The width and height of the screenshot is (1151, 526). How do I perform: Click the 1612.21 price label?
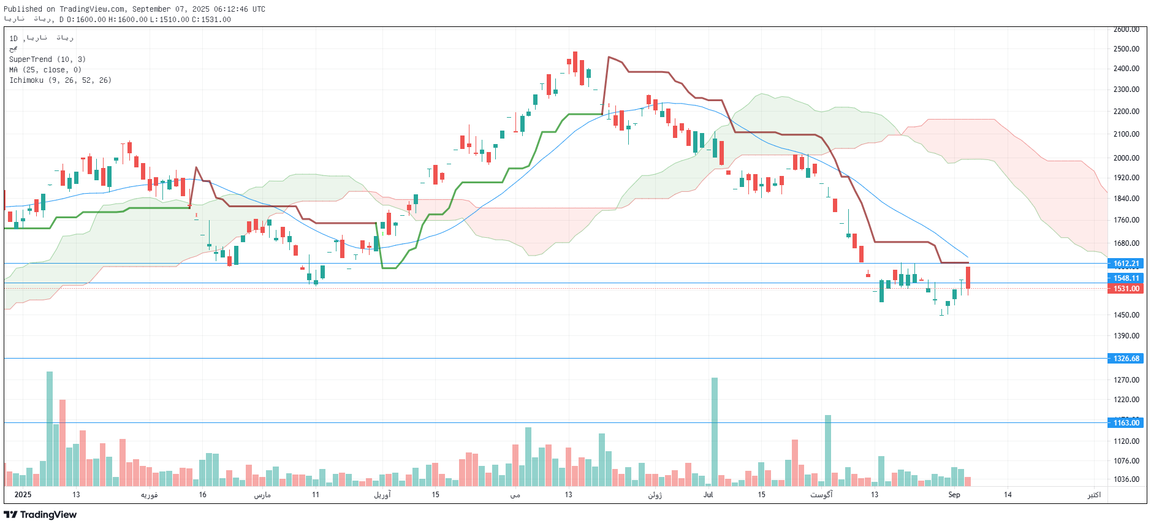coord(1126,264)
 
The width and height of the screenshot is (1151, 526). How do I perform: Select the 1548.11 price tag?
coord(1126,278)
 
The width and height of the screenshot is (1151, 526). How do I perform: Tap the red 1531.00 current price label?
coord(1126,289)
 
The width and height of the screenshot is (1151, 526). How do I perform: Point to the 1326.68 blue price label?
coord(1126,359)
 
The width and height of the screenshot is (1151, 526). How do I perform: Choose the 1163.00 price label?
coord(1126,423)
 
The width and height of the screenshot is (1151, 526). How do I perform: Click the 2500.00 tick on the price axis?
coord(1126,49)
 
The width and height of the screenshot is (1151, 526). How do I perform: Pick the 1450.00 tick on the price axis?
coord(1126,315)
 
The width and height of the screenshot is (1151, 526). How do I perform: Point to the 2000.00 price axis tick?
coord(1126,158)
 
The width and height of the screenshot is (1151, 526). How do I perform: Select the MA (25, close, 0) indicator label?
coord(45,70)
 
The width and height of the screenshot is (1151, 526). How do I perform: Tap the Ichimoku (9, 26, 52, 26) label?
coord(60,80)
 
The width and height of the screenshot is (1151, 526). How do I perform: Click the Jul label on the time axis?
coord(708,495)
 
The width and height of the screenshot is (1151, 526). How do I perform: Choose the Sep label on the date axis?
coord(954,495)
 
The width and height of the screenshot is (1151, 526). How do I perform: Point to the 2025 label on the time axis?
coord(23,495)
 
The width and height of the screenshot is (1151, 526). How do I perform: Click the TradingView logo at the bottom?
coord(40,515)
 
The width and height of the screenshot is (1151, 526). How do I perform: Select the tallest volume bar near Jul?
coord(714,429)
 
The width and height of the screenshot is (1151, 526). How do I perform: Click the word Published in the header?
coord(23,9)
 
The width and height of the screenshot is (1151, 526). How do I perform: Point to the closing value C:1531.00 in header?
coord(211,20)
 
